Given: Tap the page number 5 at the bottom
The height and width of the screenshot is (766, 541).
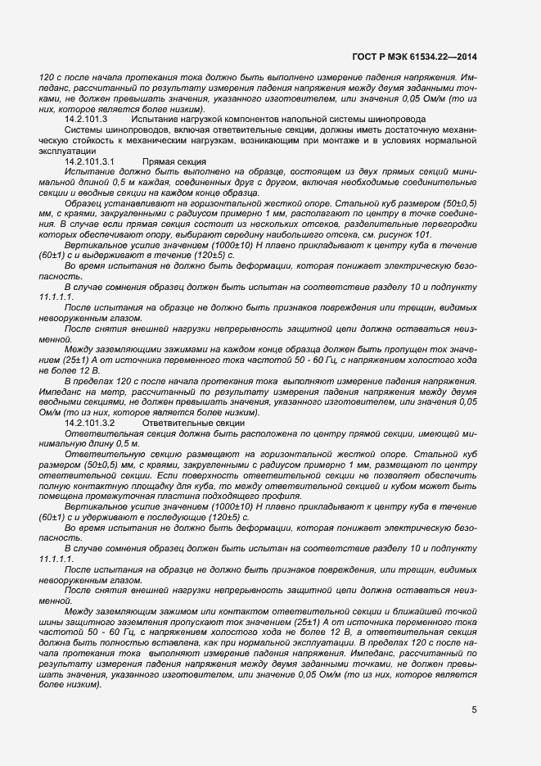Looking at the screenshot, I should coord(474,709).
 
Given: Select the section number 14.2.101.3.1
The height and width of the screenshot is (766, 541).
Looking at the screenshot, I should coord(90,162).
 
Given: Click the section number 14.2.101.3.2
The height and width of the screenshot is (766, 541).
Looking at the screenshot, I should coord(90,422).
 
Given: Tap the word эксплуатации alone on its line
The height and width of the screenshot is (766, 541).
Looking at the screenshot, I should coord(67,152).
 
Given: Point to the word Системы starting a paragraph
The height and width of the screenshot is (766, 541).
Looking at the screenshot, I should coord(83,130).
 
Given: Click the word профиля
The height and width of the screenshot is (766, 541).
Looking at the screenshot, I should coord(280,496).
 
